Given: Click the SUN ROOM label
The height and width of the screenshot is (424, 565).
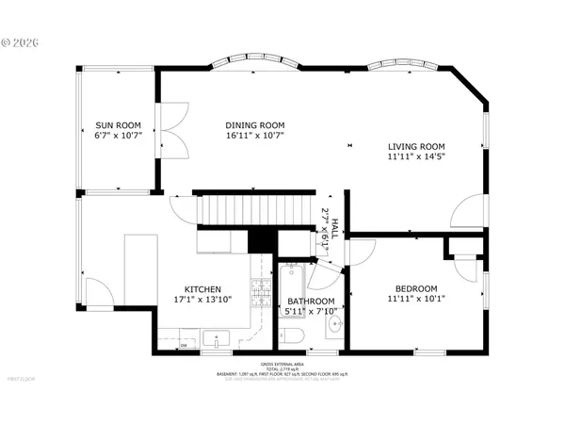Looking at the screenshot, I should point(118,125).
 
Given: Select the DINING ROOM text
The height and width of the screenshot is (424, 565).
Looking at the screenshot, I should point(254,125).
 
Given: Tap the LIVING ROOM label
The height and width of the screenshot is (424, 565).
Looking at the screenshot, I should point(416,146).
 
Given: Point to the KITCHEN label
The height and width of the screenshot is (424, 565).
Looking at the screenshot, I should point(202,289).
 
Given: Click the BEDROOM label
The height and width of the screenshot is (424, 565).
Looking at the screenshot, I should point(415,289).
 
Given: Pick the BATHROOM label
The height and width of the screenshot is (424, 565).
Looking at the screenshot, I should point(304,302).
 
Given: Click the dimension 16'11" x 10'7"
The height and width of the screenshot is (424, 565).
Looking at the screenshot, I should point(254,136).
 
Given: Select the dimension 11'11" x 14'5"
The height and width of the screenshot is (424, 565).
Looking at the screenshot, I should point(416,156).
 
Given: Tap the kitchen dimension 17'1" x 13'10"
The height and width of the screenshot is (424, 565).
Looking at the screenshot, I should point(202,300).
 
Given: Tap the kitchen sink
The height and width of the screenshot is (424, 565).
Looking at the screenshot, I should point(216,337).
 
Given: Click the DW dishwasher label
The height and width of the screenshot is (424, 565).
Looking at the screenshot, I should point(184,346).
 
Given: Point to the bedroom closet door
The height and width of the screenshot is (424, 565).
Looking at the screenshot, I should point(463,267).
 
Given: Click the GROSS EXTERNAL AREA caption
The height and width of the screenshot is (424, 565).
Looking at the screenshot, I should point(282,364).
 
